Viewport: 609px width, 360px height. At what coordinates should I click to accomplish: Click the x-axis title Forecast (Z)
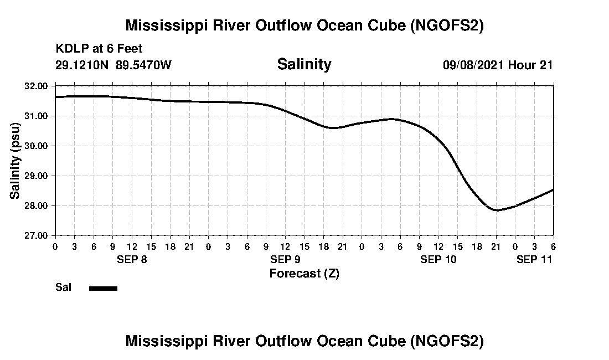[304, 274]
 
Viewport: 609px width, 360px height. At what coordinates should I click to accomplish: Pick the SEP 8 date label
[132, 259]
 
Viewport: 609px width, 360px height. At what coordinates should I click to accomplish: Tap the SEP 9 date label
[285, 259]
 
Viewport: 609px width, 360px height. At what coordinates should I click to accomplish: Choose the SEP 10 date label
[438, 259]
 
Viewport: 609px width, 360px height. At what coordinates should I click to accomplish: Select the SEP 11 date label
[534, 259]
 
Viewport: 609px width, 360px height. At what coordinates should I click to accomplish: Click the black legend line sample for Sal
[103, 288]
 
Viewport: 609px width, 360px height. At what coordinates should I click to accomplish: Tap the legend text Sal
[62, 287]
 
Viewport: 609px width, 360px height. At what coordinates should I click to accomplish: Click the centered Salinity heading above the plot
[304, 64]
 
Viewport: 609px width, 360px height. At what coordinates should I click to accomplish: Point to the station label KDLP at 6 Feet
[99, 49]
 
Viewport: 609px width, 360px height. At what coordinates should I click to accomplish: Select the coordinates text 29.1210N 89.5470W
[113, 65]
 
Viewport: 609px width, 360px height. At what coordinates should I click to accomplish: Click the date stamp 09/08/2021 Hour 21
[498, 65]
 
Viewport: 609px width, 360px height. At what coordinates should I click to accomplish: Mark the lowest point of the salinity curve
[497, 210]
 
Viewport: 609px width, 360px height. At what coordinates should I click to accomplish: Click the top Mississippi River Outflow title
[304, 25]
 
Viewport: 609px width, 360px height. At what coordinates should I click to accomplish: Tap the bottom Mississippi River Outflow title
[304, 341]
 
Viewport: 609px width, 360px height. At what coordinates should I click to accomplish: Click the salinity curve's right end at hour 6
[553, 190]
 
